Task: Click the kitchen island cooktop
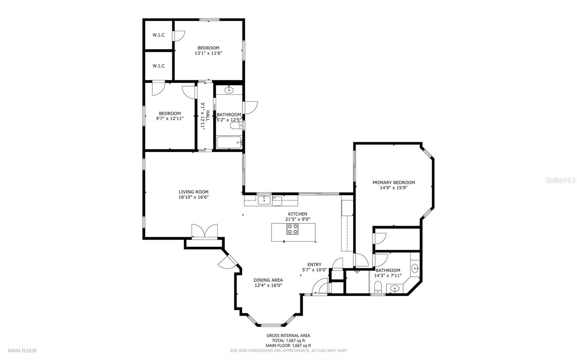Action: (292, 229)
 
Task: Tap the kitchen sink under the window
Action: (264, 200)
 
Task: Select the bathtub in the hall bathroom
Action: (229, 143)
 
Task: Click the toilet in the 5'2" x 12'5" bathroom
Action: (236, 125)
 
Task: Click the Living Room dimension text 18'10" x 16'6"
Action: (193, 197)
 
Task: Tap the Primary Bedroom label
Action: (393, 182)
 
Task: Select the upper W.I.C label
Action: (158, 35)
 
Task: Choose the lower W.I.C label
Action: (158, 66)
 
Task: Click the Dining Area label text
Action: (268, 280)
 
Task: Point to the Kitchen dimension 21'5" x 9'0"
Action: (298, 219)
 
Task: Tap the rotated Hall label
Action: (208, 116)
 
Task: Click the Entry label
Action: (314, 265)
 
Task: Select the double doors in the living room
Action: (204, 231)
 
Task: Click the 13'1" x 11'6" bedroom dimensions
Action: (208, 53)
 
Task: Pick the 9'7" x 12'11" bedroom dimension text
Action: (170, 119)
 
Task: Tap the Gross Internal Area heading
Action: (288, 335)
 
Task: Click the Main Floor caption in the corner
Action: (22, 351)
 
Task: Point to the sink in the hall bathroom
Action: (229, 90)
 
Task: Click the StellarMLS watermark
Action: (560, 180)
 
